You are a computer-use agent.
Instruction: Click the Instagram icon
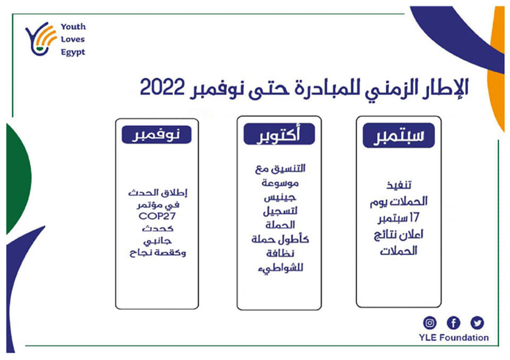pyautogui.click(x=430, y=323)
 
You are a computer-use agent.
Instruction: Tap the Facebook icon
pyautogui.click(x=453, y=323)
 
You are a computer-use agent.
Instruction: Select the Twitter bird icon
pyautogui.click(x=477, y=323)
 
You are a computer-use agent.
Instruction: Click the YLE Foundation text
pyautogui.click(x=454, y=338)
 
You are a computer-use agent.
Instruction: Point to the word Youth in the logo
pyautogui.click(x=73, y=27)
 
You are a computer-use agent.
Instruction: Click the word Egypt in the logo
pyautogui.click(x=73, y=53)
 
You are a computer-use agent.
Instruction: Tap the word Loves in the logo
pyautogui.click(x=73, y=39)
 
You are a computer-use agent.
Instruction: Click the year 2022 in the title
pyautogui.click(x=162, y=87)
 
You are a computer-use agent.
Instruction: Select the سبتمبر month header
pyautogui.click(x=399, y=136)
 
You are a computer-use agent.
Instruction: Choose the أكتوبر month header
pyautogui.click(x=279, y=134)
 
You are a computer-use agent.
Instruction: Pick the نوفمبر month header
pyautogui.click(x=156, y=135)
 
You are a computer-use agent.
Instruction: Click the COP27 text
pyautogui.click(x=157, y=216)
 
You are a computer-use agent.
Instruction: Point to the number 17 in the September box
pyautogui.click(x=414, y=217)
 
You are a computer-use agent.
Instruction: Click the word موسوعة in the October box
pyautogui.click(x=280, y=183)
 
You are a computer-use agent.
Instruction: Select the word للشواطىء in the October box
pyautogui.click(x=280, y=269)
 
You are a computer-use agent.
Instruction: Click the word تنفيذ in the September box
pyautogui.click(x=399, y=186)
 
